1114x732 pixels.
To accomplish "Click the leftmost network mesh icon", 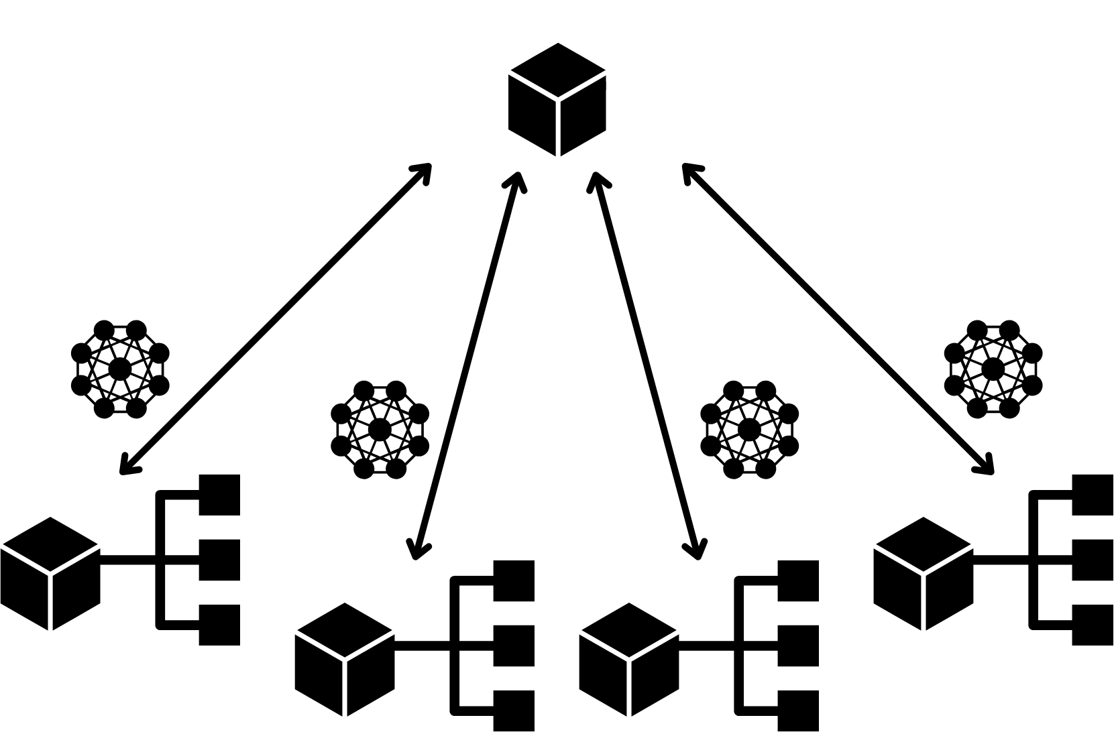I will [120, 369].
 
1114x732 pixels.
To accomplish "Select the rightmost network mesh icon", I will [993, 369].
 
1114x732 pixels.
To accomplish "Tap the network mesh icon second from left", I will [380, 429].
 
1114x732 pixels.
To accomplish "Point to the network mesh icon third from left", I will [750, 429].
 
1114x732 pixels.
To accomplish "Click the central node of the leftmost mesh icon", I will [120, 369].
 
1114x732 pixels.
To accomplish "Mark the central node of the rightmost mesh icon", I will [993, 369].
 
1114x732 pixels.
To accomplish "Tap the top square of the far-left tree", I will [220, 495].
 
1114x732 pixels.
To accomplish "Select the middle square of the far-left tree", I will [220, 560].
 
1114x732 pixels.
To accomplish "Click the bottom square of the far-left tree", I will [220, 625].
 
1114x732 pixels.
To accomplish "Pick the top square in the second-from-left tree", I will [514, 581].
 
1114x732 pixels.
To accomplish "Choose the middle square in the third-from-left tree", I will [799, 646].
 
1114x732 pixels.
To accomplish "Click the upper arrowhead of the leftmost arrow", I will [424, 170].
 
